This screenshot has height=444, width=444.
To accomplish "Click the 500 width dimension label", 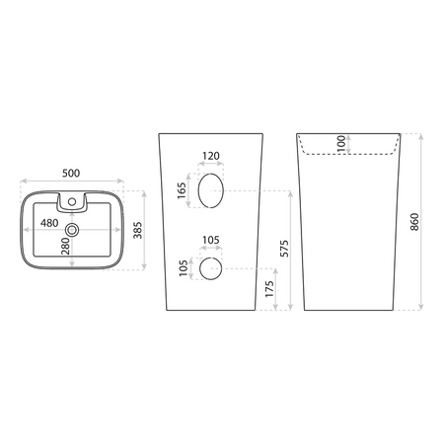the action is tap(71, 173).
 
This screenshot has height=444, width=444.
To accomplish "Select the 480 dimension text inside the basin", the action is tap(49, 223).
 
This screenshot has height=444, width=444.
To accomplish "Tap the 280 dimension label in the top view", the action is tap(65, 246).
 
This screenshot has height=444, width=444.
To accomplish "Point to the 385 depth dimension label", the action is tap(138, 230).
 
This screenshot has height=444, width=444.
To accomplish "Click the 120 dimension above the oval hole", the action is tap(211, 156).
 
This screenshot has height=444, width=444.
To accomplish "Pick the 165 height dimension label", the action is tap(182, 190).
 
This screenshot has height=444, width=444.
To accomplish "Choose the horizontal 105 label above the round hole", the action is tap(211, 240).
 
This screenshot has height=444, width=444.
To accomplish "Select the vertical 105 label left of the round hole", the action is tap(184, 268).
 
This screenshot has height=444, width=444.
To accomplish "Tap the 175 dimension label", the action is tap(269, 289).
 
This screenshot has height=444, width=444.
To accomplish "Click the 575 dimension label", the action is tap(284, 249).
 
